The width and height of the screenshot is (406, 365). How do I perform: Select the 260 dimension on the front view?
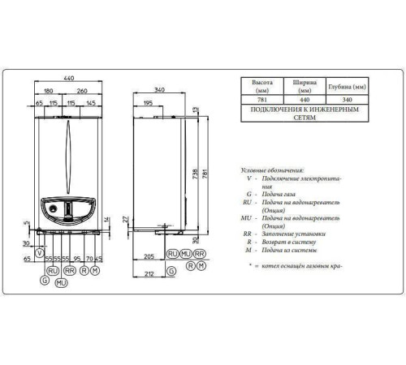pos(84,92)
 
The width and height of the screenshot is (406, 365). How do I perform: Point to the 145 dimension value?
pos(90,104)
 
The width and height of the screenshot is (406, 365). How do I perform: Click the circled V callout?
pos(39,255)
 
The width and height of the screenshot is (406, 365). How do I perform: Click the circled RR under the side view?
pos(200,254)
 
